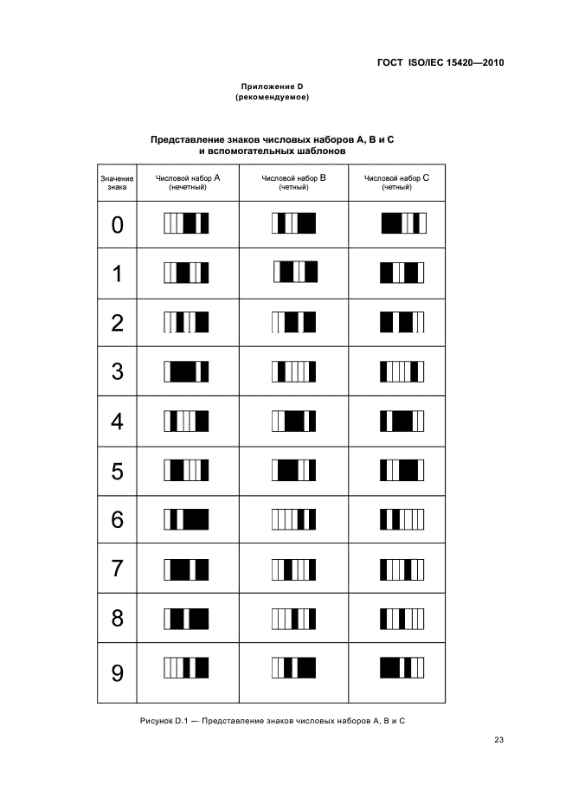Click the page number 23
click(x=498, y=740)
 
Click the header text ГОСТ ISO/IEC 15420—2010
click(x=440, y=63)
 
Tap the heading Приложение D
click(x=272, y=87)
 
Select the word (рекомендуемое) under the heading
click(x=272, y=97)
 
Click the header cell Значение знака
click(x=117, y=183)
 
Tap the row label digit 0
click(x=118, y=225)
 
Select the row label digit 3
click(x=118, y=371)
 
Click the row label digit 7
click(x=118, y=569)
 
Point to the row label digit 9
click(x=118, y=673)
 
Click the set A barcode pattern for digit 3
click(x=187, y=371)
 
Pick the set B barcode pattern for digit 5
click(x=293, y=470)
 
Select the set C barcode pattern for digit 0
click(x=404, y=223)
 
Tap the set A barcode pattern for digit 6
click(x=187, y=519)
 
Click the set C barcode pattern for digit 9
click(x=402, y=667)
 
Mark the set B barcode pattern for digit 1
click(x=296, y=272)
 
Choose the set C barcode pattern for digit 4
click(x=402, y=421)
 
